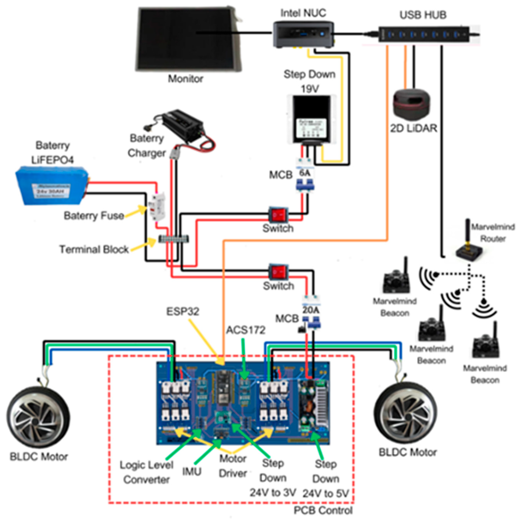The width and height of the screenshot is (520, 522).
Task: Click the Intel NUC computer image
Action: [303, 35]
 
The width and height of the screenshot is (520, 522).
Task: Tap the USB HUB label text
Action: [423, 15]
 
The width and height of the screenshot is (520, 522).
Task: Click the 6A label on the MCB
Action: [305, 173]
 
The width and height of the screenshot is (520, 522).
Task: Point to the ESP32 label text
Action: [183, 311]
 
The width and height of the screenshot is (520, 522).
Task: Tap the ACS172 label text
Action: [246, 330]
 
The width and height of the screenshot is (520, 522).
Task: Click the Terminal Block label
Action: [94, 249]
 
